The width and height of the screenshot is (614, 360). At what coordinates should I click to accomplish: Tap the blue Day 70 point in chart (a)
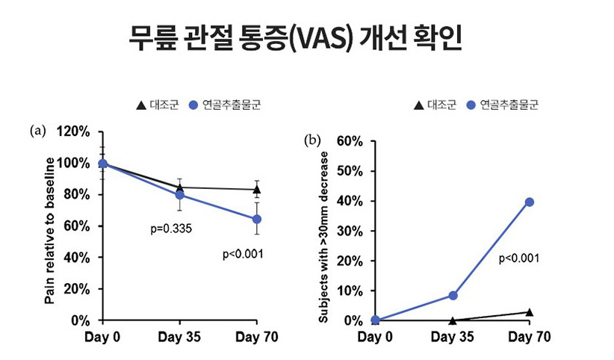click(257, 219)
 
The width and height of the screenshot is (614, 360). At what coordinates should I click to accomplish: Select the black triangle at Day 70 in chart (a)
click(257, 189)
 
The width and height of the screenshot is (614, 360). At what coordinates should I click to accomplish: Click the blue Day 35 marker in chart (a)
click(180, 195)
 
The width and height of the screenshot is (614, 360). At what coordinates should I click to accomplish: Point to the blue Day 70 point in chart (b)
click(529, 202)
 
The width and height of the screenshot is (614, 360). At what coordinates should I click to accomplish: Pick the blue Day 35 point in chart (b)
click(453, 295)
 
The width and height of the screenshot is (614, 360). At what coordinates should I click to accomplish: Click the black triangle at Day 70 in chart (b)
click(529, 312)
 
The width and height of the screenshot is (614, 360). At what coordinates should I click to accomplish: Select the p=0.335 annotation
click(172, 228)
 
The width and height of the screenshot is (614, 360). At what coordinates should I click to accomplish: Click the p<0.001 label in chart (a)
click(244, 255)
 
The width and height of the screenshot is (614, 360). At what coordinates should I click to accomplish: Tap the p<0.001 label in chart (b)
click(518, 258)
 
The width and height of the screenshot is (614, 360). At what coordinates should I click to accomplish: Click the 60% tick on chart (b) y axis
click(348, 141)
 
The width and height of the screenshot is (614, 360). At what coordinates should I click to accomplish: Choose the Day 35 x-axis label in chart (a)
click(180, 338)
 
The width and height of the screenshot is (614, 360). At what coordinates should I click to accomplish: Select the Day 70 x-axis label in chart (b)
click(529, 338)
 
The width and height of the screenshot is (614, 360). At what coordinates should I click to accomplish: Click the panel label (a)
click(38, 131)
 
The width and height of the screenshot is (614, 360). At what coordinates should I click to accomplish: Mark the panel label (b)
click(313, 140)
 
